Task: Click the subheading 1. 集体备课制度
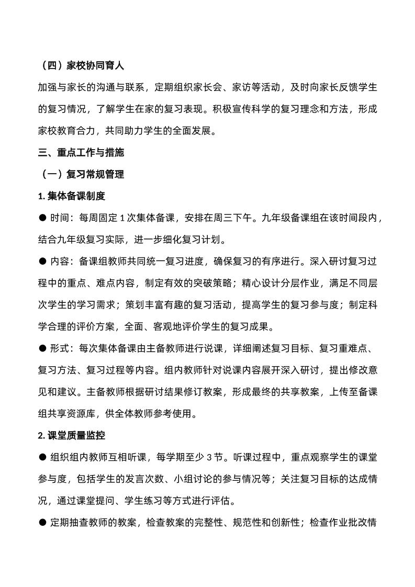[x=72, y=196]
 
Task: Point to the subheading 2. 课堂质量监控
[x=72, y=435]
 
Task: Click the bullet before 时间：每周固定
[x=42, y=218]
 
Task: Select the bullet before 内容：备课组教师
[x=42, y=262]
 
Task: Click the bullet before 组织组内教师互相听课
[x=42, y=457]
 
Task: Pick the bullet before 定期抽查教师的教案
[x=42, y=522]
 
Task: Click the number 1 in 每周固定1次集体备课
[x=121, y=218]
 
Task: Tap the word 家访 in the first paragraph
[x=242, y=88]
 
